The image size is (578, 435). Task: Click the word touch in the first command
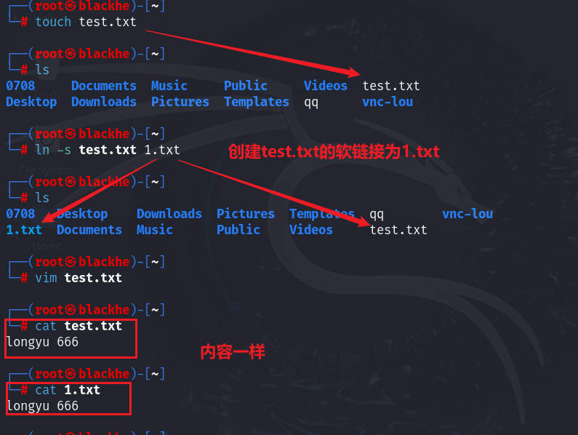[53, 22]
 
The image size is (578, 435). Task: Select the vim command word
[46, 278]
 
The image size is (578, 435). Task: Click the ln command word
[42, 150]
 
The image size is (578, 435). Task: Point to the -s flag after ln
[64, 150]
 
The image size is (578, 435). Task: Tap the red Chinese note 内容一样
[233, 353]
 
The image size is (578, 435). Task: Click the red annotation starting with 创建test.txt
[334, 151]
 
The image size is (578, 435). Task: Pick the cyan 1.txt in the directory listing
[24, 230]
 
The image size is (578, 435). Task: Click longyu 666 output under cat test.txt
[42, 342]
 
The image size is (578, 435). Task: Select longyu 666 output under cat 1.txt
[42, 406]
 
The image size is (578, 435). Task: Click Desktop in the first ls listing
[31, 102]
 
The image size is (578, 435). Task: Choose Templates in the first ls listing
[257, 102]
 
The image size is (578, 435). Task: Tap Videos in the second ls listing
[311, 230]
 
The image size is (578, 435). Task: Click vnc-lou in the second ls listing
[467, 214]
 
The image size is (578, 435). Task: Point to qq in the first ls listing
[311, 102]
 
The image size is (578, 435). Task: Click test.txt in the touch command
[108, 22]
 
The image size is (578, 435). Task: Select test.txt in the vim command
[93, 278]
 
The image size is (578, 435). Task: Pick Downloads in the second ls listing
[169, 214]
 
